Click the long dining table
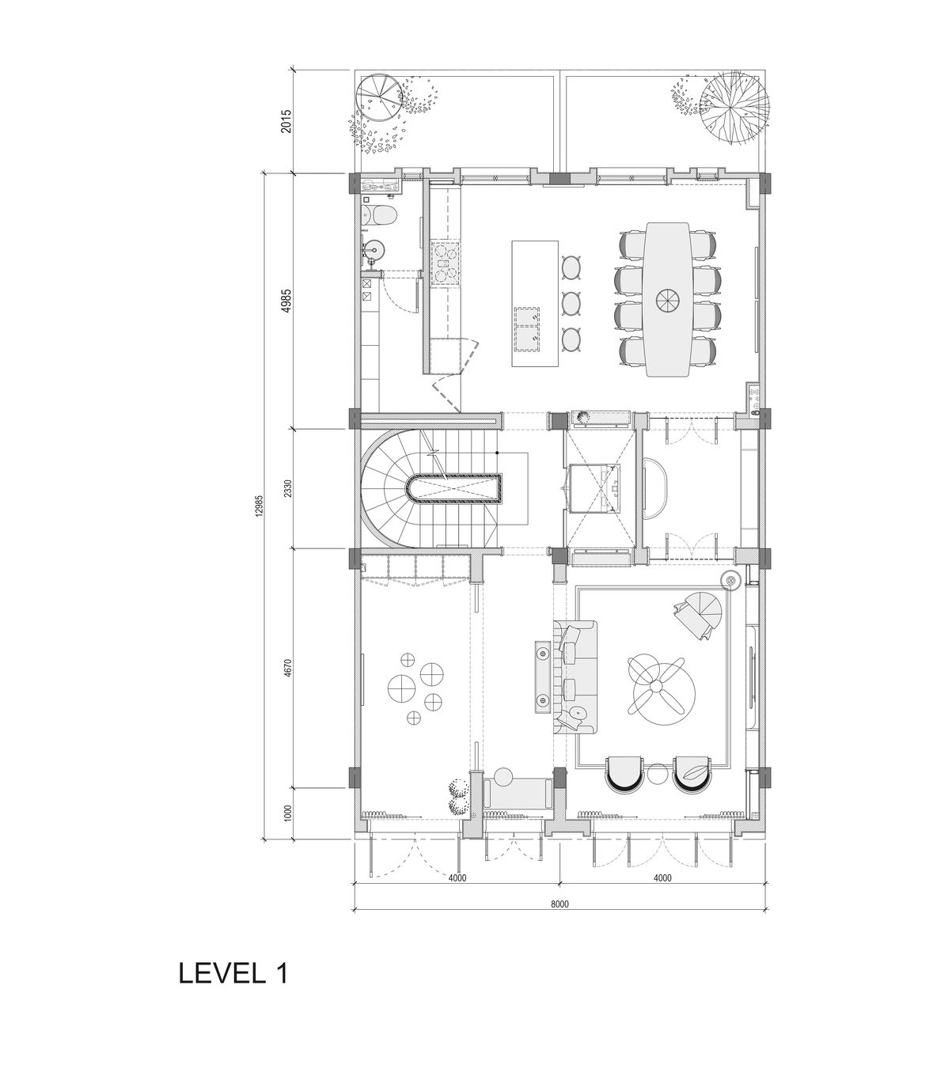[668, 299]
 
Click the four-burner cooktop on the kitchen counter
[444, 262]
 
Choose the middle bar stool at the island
[571, 302]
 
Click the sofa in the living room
[577, 675]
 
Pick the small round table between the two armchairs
[656, 774]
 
